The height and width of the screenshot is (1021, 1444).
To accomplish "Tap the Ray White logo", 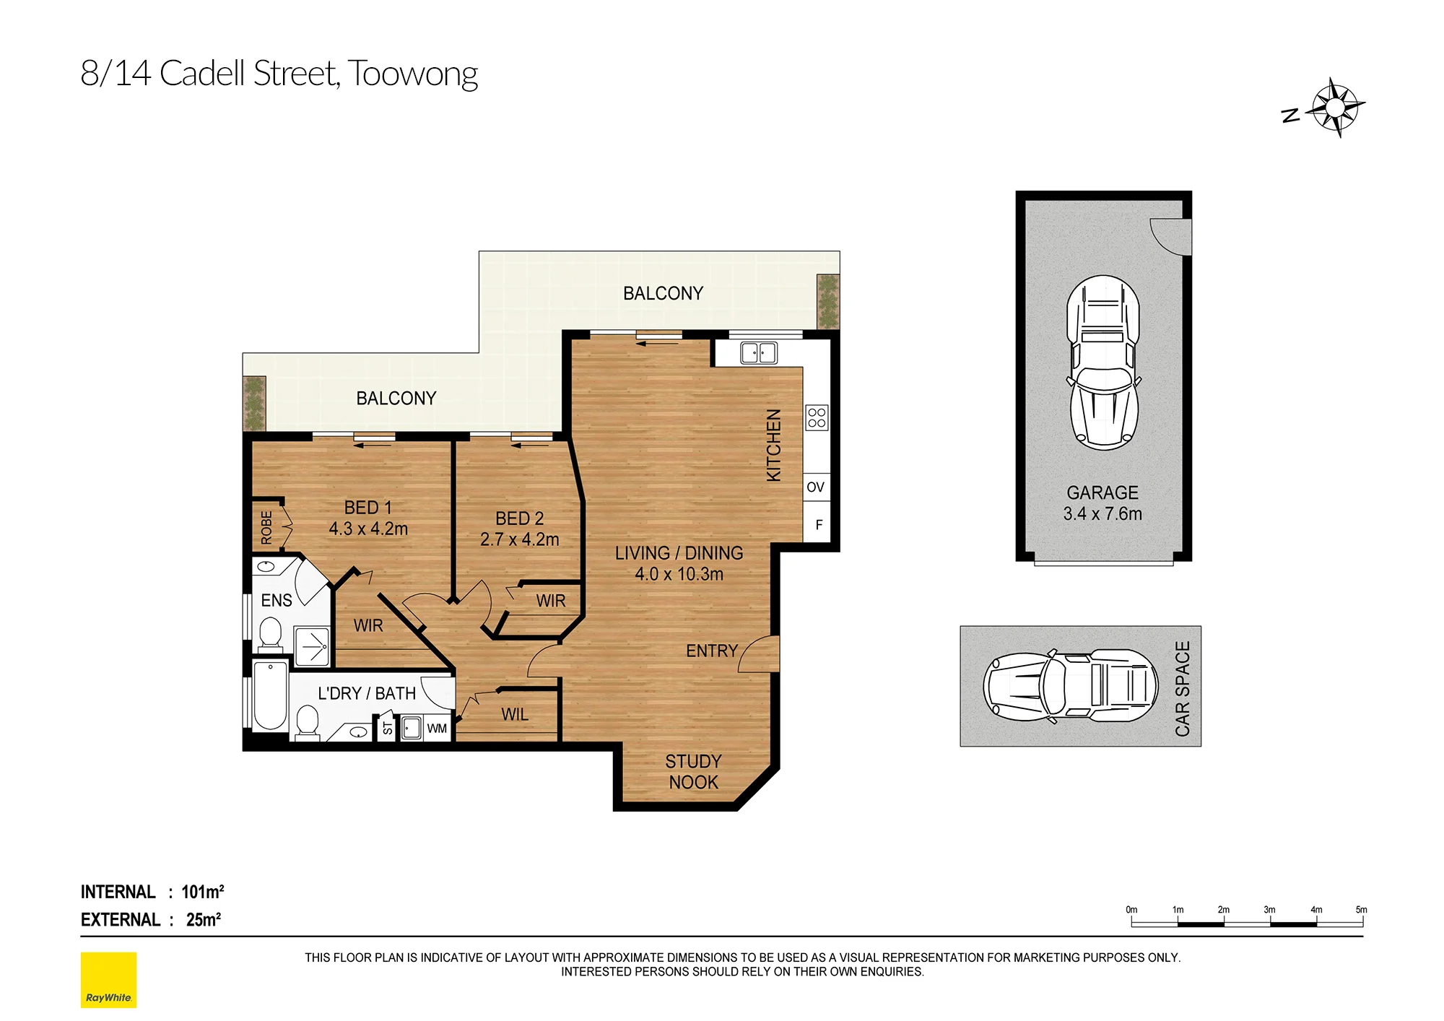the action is pos(108,980).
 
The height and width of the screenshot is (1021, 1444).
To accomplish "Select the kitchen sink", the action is pos(759,352).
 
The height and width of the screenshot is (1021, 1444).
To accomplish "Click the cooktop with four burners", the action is pos(817,417).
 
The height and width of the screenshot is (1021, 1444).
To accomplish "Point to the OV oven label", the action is pos(815,487).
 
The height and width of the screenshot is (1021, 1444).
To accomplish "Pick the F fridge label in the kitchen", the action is pos(819,525).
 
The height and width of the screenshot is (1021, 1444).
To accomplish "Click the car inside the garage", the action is pos(1103,362).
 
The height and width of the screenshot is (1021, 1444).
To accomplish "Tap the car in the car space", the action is pos(1070,685).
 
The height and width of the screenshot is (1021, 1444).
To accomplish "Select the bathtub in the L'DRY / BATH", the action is pos(270,695).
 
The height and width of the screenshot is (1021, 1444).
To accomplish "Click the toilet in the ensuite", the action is pos(271,632).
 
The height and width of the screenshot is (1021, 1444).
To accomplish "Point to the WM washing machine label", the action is pos(437,729).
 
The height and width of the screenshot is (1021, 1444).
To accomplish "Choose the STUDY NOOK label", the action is pos(693,772).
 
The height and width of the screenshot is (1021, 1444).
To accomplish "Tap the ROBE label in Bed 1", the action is pos(266,527).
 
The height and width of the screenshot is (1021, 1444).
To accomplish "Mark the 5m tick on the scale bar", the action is pos(1362,920).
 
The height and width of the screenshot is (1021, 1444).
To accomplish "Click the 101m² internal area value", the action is pos(202,892).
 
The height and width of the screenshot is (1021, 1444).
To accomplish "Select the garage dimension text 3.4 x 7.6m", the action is pos(1102,513).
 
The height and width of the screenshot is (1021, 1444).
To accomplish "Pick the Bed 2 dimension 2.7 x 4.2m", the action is pos(520,539).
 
